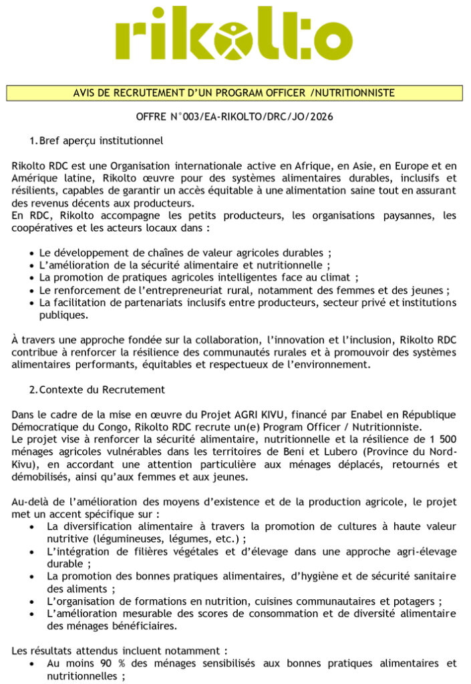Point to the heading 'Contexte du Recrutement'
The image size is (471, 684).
tap(102, 389)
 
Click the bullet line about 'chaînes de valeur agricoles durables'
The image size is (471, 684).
tap(185, 253)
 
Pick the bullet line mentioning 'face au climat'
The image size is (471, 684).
tap(198, 277)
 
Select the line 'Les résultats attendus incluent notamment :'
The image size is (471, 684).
tap(120, 650)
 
